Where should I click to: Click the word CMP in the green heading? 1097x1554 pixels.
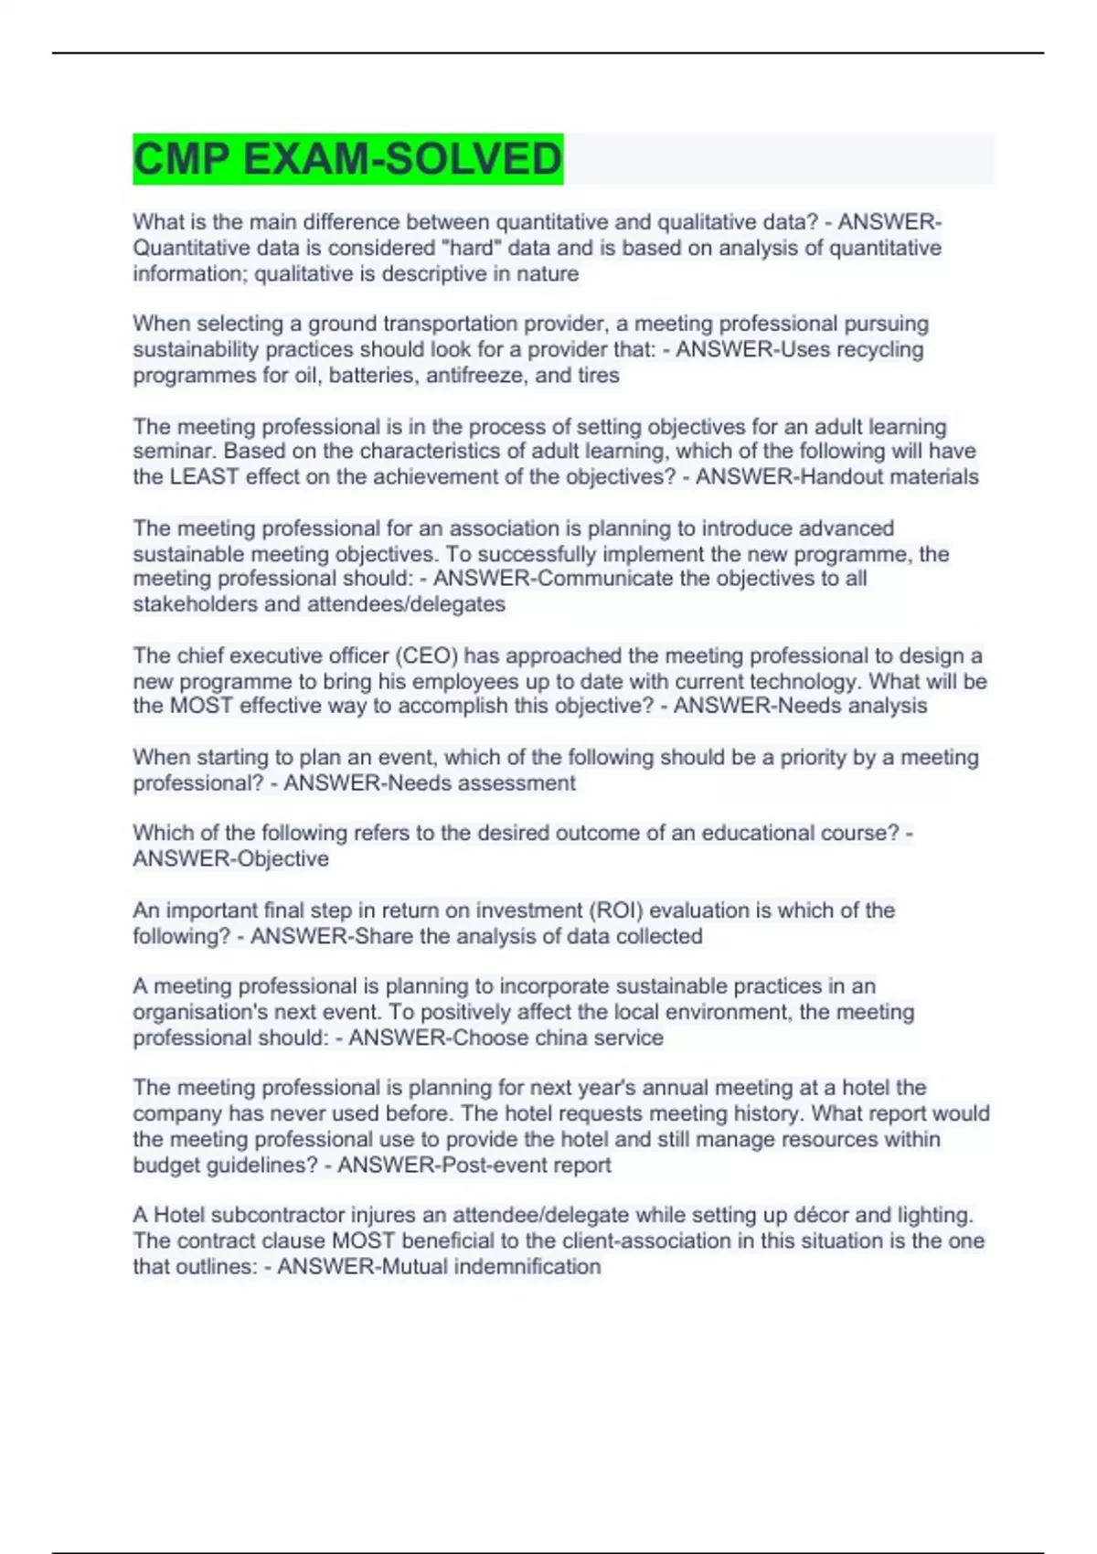click(181, 159)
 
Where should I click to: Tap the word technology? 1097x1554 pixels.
click(805, 681)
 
